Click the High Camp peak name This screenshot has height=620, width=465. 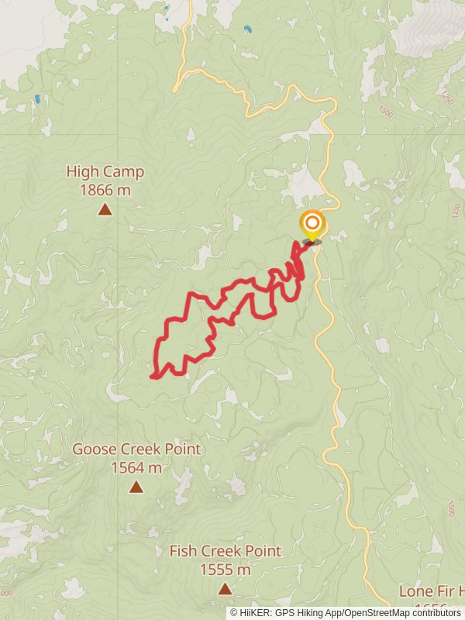click(x=105, y=172)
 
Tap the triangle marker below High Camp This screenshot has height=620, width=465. click(x=105, y=208)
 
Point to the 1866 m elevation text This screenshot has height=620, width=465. click(x=105, y=190)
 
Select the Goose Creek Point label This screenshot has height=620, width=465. click(x=136, y=449)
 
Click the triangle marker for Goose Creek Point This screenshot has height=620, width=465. click(x=136, y=487)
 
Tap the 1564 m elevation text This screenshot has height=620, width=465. click(x=136, y=467)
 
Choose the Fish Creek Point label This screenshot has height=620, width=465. click(x=226, y=552)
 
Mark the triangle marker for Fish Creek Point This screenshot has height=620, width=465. click(x=225, y=589)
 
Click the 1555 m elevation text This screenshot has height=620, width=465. click(x=226, y=570)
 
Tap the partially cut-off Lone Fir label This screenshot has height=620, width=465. click(x=431, y=591)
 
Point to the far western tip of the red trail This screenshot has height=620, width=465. click(x=151, y=377)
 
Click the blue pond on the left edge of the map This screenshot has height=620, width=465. click(x=37, y=99)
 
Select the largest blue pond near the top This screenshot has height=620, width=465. click(x=247, y=29)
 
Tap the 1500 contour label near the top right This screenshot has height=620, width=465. click(x=387, y=113)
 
